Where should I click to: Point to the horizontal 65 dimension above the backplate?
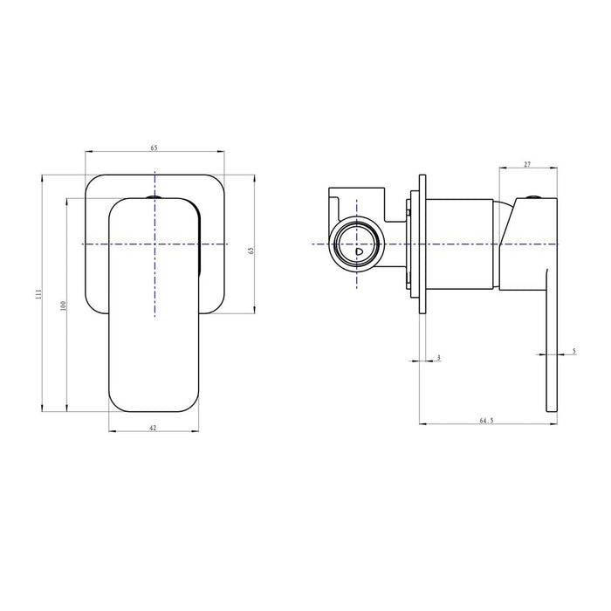[x=154, y=148]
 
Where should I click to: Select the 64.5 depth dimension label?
[x=486, y=421]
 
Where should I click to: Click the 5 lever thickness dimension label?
[x=573, y=351]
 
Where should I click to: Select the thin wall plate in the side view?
[x=422, y=244]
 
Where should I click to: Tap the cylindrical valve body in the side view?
[x=463, y=244]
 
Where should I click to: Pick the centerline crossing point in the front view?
[x=154, y=244]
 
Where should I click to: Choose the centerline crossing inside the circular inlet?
[x=356, y=244]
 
